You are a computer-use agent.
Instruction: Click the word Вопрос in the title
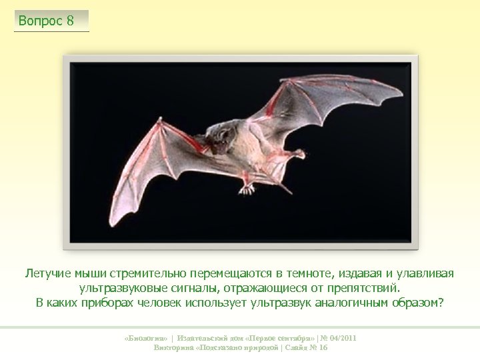click(40, 21)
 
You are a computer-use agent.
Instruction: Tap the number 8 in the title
click(70, 21)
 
